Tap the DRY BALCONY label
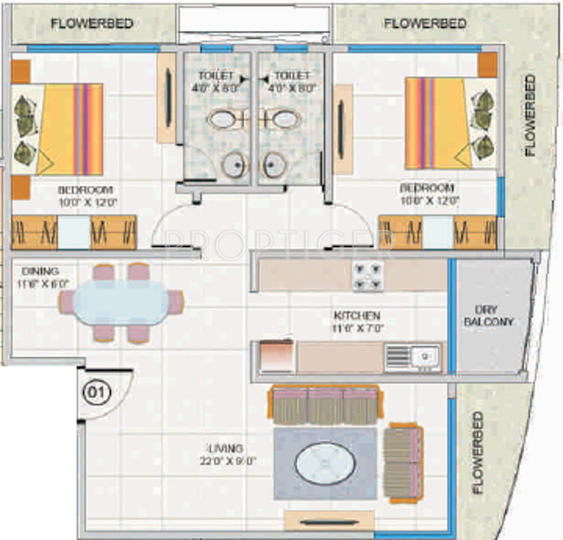point(494,315)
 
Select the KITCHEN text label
point(355,315)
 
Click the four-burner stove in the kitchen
point(367,276)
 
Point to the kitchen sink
point(414,355)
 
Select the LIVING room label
point(224,448)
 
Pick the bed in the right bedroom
point(450,123)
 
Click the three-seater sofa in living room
point(324,405)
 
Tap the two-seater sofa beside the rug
point(402,464)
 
